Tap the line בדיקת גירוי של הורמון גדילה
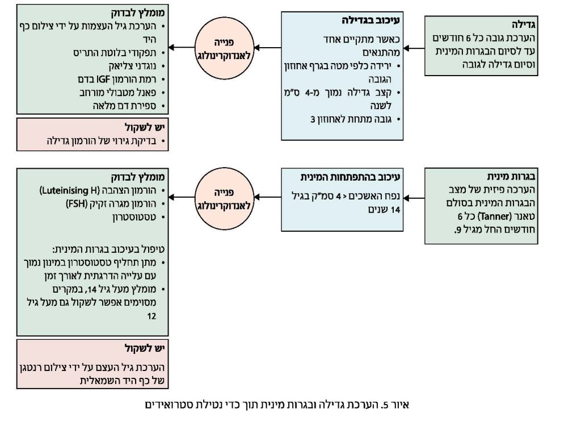point(104,140)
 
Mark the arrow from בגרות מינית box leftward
point(413,198)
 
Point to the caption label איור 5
point(398,405)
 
